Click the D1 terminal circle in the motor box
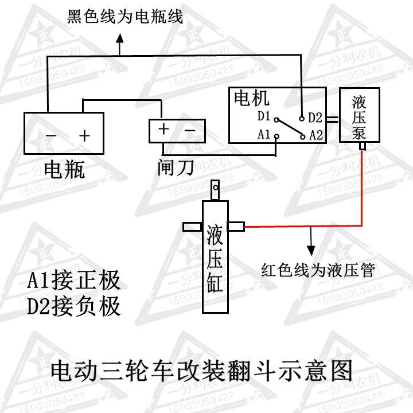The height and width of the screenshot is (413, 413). tap(276, 120)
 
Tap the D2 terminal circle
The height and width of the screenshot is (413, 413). tap(302, 119)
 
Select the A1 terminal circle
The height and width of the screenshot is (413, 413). tap(276, 137)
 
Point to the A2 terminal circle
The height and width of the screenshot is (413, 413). tap(303, 137)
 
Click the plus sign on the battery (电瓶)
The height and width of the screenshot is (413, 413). tap(84, 136)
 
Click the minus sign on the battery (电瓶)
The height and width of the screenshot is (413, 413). tap(51, 136)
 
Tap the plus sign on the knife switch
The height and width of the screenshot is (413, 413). tap(163, 129)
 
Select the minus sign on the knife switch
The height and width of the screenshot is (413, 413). tap(190, 130)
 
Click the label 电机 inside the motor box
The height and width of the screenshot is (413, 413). tap(252, 98)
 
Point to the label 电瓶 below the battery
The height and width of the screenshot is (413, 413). tap(64, 169)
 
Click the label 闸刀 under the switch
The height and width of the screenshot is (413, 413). tap(176, 167)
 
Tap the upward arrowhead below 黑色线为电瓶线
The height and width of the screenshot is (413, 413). tap(120, 38)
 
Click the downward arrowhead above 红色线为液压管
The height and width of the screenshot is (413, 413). tap(311, 251)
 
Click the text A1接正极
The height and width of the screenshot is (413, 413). tap(74, 280)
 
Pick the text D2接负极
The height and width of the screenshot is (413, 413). tap(74, 306)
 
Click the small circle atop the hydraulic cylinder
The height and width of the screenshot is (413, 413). tap(216, 188)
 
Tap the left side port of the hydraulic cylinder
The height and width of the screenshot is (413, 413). tap(193, 227)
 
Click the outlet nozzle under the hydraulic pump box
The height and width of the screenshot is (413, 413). tap(363, 146)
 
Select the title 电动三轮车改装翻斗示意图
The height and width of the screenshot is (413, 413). tap(201, 371)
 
